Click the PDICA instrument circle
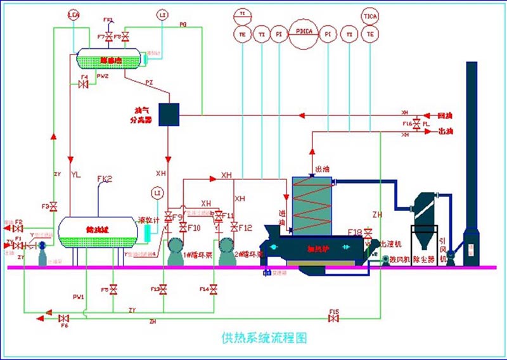[303, 33]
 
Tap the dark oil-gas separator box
[169, 113]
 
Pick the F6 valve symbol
[63, 317]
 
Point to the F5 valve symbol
[113, 290]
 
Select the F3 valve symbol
[54, 207]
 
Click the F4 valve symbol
[82, 85]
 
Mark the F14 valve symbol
[214, 290]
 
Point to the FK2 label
[105, 179]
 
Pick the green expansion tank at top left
[108, 60]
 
